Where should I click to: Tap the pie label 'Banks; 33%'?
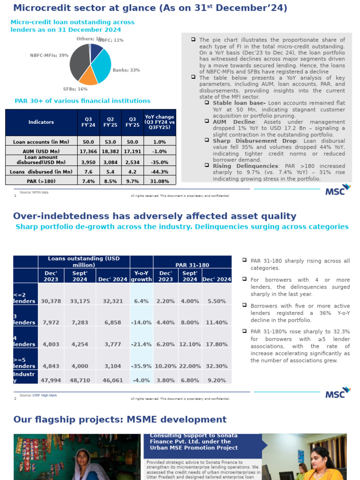coord(126,70)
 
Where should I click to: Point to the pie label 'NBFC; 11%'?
coord(112,40)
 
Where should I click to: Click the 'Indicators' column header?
coord(41,122)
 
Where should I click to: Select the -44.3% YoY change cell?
coord(159,172)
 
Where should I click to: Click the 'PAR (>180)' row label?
coord(41,181)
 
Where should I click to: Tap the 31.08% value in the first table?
coord(159,181)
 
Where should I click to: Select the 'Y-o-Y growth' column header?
coord(141,276)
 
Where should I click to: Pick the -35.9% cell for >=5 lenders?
coord(141,366)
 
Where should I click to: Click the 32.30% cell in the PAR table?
coord(217,366)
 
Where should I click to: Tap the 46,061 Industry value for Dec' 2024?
coord(112,380)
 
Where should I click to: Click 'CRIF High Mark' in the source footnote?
coord(45,395)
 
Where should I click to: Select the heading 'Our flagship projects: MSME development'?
coord(120,420)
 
